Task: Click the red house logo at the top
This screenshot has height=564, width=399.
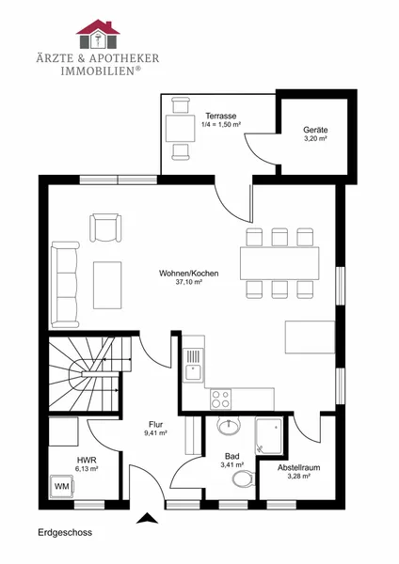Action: (98, 34)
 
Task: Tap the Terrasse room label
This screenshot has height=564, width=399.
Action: (221, 116)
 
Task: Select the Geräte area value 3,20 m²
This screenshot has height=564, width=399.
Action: (315, 138)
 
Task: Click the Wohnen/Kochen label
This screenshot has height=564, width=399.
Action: (189, 274)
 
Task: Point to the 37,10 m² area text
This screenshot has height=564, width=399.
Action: (189, 282)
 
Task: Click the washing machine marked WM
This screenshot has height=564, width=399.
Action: (62, 487)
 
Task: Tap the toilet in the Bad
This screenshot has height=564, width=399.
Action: (244, 478)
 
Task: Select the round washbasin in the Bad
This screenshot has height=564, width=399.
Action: (229, 426)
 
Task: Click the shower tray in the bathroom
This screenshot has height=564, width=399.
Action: (268, 435)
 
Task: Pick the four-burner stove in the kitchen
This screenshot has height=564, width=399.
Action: (221, 399)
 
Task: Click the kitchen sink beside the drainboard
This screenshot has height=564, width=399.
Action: (194, 372)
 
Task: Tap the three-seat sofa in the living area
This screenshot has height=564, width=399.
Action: (65, 285)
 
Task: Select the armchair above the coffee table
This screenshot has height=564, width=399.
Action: (105, 227)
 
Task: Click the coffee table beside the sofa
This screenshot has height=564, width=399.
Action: (107, 285)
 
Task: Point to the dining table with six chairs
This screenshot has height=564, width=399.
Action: (279, 263)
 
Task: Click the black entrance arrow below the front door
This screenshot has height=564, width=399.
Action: (148, 518)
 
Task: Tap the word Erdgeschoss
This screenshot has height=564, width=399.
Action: (65, 532)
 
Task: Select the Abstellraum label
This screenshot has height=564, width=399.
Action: (299, 467)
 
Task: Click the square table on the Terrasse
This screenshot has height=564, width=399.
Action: (181, 128)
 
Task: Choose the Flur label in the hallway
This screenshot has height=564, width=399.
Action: (155, 425)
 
